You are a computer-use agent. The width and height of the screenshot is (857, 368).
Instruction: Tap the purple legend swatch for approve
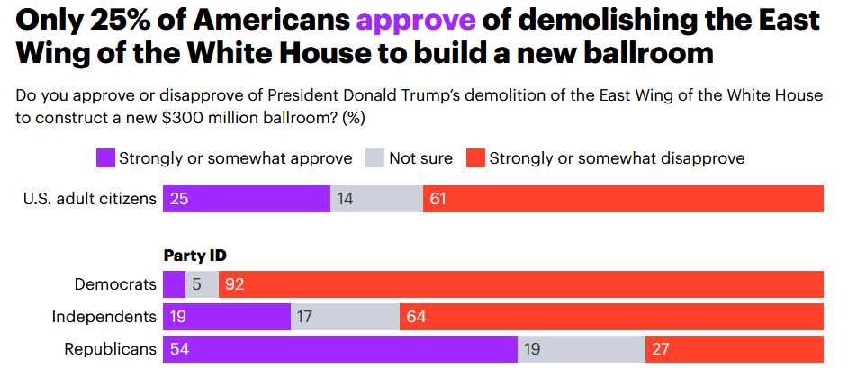[x=104, y=159]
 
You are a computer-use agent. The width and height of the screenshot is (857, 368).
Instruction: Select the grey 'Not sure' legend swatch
[x=374, y=159]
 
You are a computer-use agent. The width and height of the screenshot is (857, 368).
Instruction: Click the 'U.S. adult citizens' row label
[x=90, y=198]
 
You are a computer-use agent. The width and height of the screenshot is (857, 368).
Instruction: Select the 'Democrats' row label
[x=115, y=284]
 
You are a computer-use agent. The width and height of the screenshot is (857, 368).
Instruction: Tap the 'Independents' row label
[x=104, y=317]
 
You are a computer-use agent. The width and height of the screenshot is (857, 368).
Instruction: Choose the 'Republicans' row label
[x=110, y=348]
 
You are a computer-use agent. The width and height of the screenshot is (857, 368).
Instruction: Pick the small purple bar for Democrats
[x=174, y=284]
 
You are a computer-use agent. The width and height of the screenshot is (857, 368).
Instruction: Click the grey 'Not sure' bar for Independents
[x=345, y=317]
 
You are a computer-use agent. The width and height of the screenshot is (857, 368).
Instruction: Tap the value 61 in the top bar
[x=438, y=198]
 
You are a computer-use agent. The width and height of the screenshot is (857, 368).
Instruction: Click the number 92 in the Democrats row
[x=234, y=284]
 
